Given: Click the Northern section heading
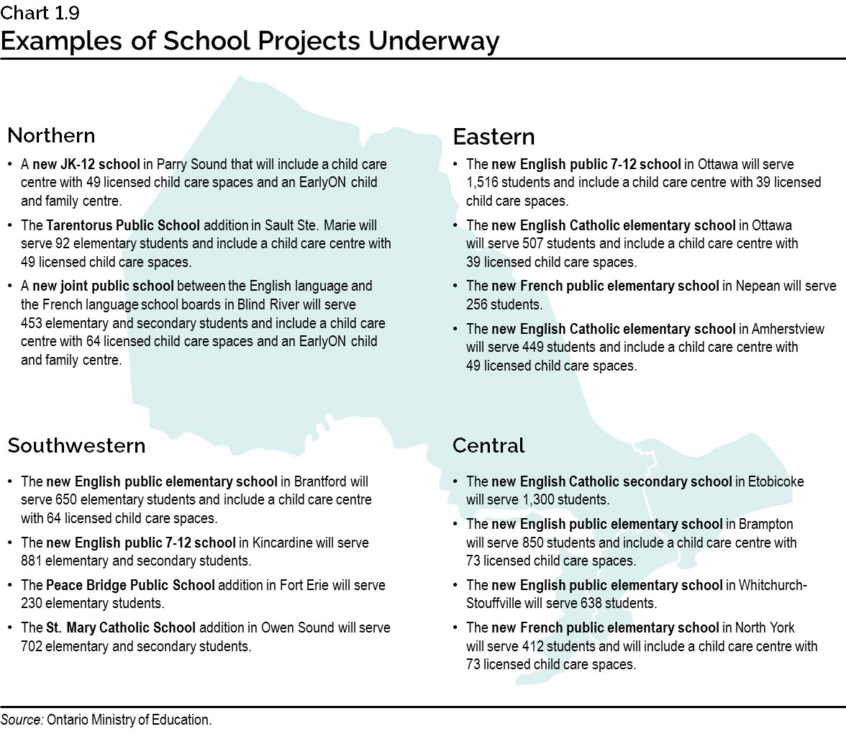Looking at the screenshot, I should (x=51, y=135).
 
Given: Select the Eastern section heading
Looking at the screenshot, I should (x=493, y=137).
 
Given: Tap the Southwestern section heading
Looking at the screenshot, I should (x=76, y=445).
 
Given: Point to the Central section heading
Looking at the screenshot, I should (x=488, y=445).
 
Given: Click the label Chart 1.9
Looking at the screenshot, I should (x=40, y=13).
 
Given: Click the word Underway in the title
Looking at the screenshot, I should (x=434, y=41).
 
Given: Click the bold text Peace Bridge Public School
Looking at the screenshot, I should (x=130, y=585).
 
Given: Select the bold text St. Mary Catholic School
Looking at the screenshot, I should (x=121, y=627).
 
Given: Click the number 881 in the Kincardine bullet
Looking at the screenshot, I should (x=32, y=561).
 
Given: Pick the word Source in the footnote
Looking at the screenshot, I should (x=22, y=720).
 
